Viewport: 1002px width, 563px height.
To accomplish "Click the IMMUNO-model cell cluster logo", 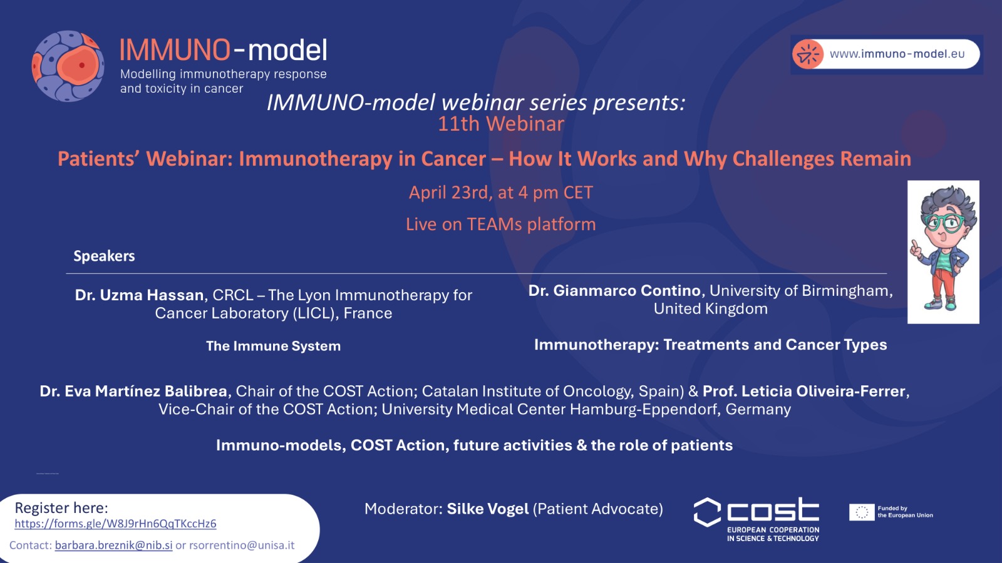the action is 68,66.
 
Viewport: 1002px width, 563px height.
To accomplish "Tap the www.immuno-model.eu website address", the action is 897,54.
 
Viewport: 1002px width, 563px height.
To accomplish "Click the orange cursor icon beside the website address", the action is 808,54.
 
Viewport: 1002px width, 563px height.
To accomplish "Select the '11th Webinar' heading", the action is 501,124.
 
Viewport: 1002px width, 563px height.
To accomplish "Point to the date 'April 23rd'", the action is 450,193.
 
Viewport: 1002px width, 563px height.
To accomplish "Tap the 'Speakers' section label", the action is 104,256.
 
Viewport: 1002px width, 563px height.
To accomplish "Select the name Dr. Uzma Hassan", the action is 139,295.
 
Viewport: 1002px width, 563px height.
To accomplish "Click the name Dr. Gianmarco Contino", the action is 614,290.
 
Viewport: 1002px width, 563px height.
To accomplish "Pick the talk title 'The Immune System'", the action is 273,346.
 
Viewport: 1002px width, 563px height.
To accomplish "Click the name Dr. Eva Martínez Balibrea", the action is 133,391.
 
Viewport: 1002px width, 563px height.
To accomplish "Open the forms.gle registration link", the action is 115,524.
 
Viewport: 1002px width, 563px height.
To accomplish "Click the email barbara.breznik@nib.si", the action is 113,545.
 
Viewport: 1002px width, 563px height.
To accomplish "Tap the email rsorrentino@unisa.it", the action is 242,545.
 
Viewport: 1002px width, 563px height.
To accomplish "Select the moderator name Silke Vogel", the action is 488,509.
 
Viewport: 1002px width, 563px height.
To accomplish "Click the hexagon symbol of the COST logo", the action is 707,512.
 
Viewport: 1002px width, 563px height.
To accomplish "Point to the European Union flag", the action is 862,512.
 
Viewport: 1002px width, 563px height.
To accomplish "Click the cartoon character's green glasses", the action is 945,221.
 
